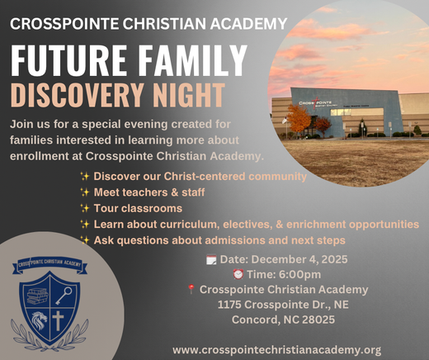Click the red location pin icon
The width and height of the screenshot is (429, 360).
191,290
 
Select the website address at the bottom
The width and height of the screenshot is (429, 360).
277,350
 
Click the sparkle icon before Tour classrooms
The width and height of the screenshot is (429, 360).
84,208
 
